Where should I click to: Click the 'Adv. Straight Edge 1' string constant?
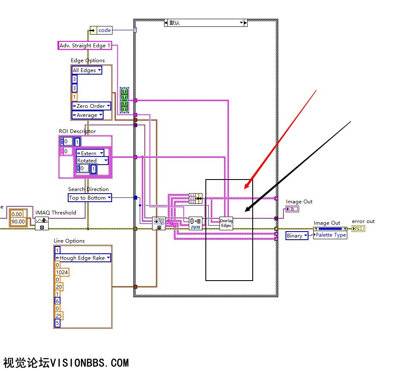(x=85, y=46)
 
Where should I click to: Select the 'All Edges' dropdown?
(x=87, y=70)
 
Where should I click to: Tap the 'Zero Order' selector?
(x=91, y=106)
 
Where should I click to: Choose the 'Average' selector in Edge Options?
(x=87, y=115)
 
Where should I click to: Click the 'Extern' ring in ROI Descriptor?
(x=90, y=153)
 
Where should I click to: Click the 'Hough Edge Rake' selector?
(x=83, y=258)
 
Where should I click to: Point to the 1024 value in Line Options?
(x=62, y=272)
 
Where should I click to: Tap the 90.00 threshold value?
(x=18, y=221)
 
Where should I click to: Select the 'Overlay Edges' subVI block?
(x=226, y=223)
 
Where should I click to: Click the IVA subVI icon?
(x=196, y=223)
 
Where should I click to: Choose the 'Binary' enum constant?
(x=297, y=235)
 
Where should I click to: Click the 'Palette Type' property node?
(x=330, y=235)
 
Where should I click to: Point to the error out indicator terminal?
(x=358, y=229)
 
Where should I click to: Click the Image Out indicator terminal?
(x=292, y=209)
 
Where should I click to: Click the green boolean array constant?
(x=124, y=100)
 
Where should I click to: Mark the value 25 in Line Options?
(x=58, y=316)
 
